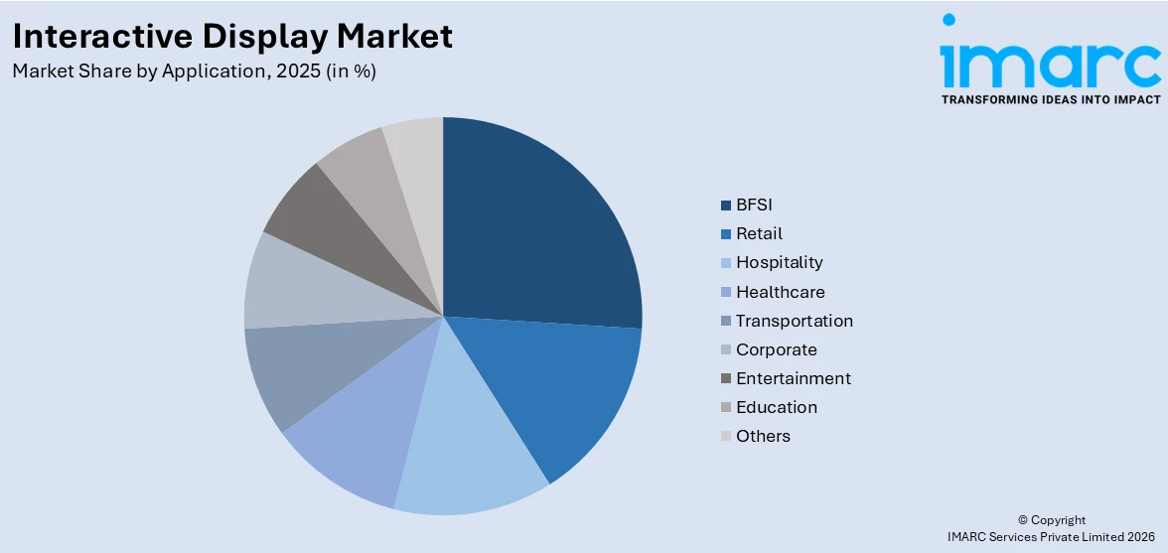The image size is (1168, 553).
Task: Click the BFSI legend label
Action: pyautogui.click(x=754, y=206)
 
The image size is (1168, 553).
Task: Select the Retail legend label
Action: pyautogui.click(x=759, y=234)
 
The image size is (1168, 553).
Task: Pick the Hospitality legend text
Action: pyautogui.click(x=779, y=263)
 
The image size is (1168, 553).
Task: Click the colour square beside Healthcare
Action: pyautogui.click(x=726, y=293)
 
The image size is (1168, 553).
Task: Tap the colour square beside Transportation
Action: pyautogui.click(x=726, y=322)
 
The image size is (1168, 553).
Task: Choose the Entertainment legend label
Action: pyautogui.click(x=793, y=379)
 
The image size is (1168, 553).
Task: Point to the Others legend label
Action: pyautogui.click(x=763, y=437)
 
